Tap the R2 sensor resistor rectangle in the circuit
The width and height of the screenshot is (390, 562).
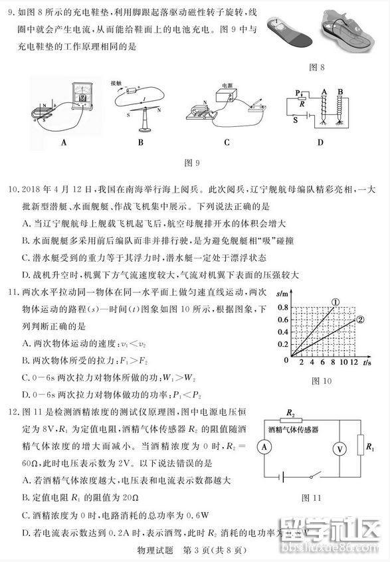pos(292,421)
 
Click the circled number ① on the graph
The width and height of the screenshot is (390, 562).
pos(336,303)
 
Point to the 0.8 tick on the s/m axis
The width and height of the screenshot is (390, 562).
pos(283,308)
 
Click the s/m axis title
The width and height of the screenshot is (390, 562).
pos(282,294)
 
